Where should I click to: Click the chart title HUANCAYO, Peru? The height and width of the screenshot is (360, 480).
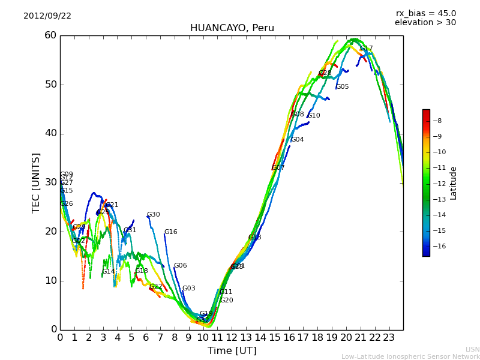232,28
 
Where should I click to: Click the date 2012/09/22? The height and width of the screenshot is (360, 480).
47,16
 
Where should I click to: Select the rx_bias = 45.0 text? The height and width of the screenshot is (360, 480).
425,14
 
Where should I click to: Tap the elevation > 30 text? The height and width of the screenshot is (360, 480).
425,23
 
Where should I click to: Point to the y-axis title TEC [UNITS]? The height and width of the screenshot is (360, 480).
37,182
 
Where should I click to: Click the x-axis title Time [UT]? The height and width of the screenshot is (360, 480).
232,351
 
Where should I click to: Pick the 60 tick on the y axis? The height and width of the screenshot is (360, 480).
50,35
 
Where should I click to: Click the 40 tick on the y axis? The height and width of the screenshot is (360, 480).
50,133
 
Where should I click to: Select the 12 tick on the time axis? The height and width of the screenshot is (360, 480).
232,338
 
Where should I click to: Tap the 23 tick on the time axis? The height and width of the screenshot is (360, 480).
389,338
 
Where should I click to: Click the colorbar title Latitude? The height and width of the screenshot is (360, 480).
454,183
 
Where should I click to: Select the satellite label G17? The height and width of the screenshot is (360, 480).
367,49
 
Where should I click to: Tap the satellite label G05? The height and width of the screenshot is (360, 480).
343,87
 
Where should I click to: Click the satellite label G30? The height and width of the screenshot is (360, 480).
154,215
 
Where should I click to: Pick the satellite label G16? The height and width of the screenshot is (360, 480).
171,232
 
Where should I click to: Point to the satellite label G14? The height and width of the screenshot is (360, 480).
109,272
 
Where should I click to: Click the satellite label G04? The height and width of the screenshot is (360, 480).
298,140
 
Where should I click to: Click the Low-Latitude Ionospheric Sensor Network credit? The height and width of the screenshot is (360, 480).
410,357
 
